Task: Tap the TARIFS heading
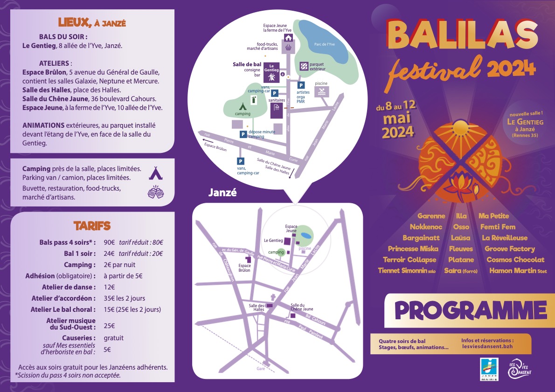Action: pyautogui.click(x=92, y=226)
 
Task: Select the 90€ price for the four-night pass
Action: pyautogui.click(x=109, y=242)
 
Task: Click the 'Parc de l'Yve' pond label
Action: pyautogui.click(x=325, y=44)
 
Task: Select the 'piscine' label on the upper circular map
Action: pyautogui.click(x=321, y=83)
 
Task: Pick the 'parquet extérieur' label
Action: pyautogui.click(x=317, y=66)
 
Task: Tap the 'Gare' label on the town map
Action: pyautogui.click(x=260, y=369)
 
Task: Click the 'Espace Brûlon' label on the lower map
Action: pyautogui.click(x=244, y=268)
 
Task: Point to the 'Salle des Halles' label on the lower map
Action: pyautogui.click(x=256, y=307)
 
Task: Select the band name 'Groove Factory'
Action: pyautogui.click(x=510, y=249)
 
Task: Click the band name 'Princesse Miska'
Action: pyautogui.click(x=413, y=249)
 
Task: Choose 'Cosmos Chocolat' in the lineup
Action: pyautogui.click(x=515, y=260)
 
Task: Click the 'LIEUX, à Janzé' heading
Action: pyautogui.click(x=92, y=22)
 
